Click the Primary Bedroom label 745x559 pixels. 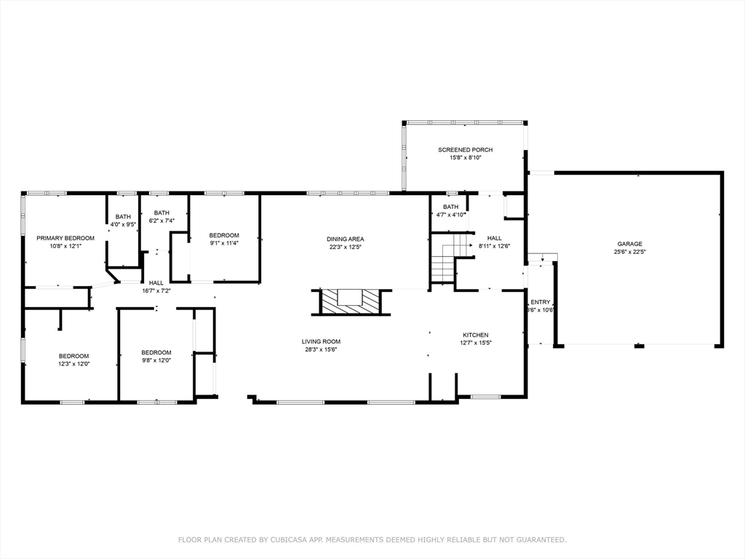tap(65, 238)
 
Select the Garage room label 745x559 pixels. tap(629, 244)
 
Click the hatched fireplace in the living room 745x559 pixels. tap(351, 301)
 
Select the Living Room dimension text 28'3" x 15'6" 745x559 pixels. tap(321, 349)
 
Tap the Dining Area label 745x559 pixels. tap(345, 239)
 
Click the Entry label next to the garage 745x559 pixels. tap(541, 302)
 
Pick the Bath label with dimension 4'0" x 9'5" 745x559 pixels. tap(123, 216)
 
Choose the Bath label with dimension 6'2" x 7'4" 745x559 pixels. tap(162, 213)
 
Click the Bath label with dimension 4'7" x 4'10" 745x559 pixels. tap(450, 207)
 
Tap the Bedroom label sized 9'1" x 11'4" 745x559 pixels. tap(224, 235)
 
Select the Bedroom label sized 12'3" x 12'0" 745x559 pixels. tap(73, 356)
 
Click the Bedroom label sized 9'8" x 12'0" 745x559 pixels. tap(156, 352)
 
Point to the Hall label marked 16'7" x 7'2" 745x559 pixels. tap(156, 282)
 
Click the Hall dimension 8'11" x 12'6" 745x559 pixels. tap(494, 246)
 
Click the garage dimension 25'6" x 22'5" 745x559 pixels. tap(629, 252)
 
